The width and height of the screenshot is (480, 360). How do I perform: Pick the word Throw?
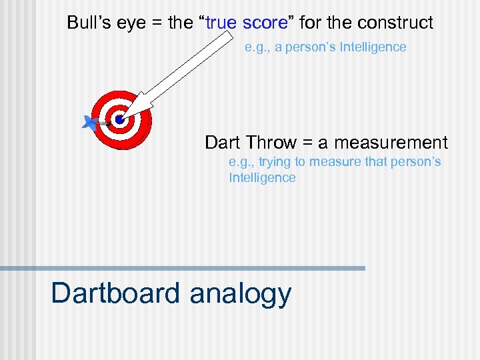[271, 142]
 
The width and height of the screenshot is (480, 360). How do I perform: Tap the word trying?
[274, 162]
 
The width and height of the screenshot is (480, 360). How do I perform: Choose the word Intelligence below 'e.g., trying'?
[262, 177]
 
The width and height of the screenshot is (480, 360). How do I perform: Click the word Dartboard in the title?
[115, 293]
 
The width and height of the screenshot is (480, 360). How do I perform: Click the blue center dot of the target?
[119, 120]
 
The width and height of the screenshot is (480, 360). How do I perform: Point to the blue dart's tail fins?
[89, 122]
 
